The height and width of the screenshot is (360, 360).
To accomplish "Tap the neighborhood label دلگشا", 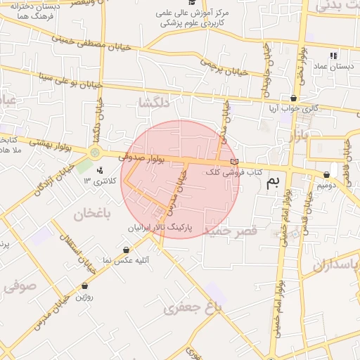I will click(x=155, y=103).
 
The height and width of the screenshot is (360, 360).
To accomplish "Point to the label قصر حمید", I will click(x=224, y=231).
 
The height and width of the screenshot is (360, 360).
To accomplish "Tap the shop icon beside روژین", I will click(x=85, y=286).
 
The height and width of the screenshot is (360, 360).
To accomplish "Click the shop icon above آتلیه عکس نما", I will click(x=126, y=250).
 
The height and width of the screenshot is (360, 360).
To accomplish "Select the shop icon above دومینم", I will click(x=327, y=175).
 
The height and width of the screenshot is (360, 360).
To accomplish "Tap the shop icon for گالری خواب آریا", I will click(x=293, y=98).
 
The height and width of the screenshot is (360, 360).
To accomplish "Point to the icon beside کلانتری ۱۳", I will click(x=99, y=169).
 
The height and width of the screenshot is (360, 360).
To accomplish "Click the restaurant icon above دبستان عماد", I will click(x=333, y=55).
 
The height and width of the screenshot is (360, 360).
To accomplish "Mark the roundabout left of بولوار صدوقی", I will click(x=96, y=153).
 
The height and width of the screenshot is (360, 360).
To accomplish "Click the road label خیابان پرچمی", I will click(x=226, y=67).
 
